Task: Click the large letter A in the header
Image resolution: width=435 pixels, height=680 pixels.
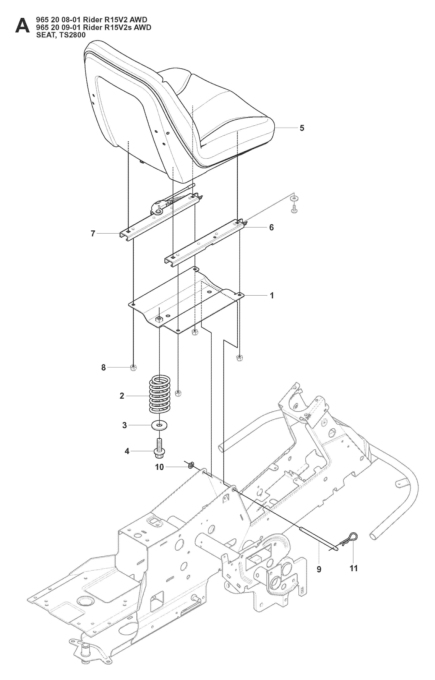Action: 22,26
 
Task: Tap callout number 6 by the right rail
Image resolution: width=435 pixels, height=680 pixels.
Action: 271,227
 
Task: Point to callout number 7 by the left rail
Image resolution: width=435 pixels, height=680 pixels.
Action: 93,233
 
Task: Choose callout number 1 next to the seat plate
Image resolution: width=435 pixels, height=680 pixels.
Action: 272,296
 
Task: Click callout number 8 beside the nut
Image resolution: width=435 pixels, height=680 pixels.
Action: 103,367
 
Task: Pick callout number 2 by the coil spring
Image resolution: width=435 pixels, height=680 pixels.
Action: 122,396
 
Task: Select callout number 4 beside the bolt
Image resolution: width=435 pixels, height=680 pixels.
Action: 127,451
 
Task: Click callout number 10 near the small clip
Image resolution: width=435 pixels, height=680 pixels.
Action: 159,467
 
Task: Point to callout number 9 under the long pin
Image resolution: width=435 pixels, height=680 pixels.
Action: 319,569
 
